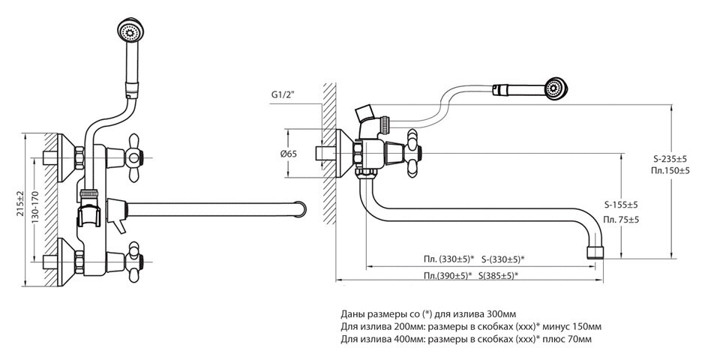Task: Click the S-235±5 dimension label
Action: pos(670,159)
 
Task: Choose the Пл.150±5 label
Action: pos(670,172)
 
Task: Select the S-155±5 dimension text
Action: pos(621,205)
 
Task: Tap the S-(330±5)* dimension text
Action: pos(502,259)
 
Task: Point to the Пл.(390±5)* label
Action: pos(448,275)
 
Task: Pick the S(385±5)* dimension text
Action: pos(496,275)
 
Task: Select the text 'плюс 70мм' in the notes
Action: pos(568,339)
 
